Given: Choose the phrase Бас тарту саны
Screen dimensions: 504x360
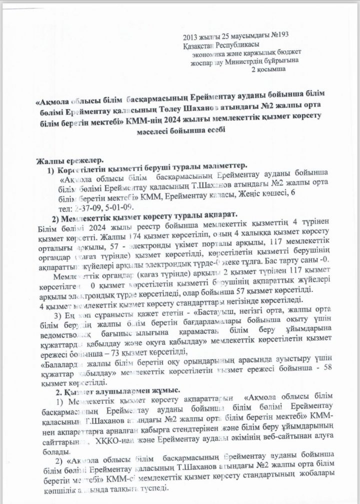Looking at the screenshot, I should click(273, 260).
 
